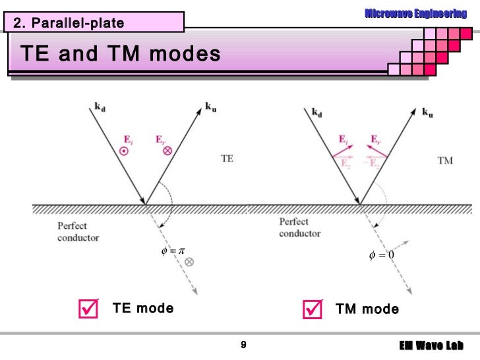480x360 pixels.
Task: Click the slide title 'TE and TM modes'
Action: [x=121, y=54]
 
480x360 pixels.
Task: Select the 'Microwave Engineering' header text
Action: [x=415, y=13]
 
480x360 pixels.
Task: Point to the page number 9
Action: [x=243, y=345]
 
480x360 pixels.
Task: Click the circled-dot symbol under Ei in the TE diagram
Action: [x=123, y=151]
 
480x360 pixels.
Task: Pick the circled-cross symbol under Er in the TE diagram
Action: [x=167, y=151]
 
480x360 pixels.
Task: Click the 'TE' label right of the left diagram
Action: [x=227, y=159]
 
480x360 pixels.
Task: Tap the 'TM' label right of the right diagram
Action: [x=445, y=161]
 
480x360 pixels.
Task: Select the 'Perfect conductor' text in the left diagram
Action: [x=78, y=231]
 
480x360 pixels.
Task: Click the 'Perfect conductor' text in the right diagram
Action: [x=300, y=227]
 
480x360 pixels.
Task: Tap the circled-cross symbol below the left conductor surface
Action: [x=189, y=262]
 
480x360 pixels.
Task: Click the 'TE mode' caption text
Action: [x=143, y=309]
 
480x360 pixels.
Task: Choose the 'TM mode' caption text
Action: [x=367, y=309]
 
